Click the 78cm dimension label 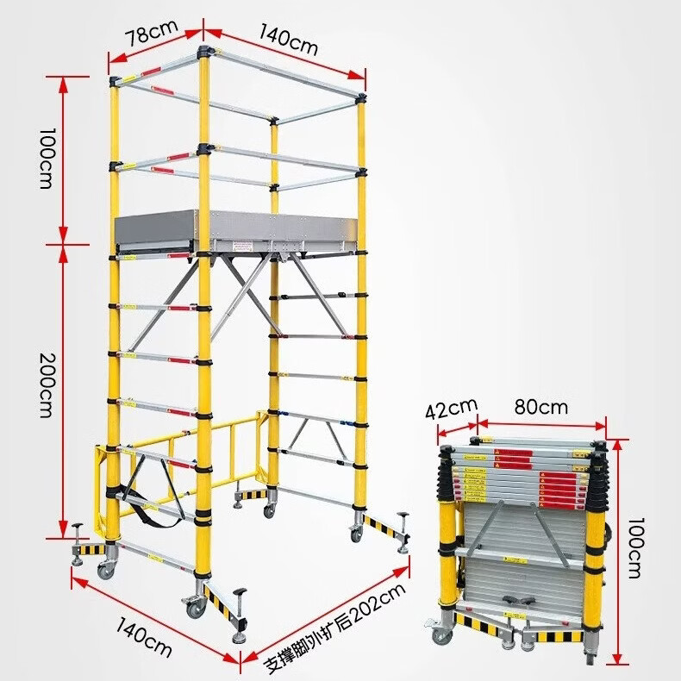(x=152, y=33)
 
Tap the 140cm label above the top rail (x=289, y=40)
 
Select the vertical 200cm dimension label (x=47, y=385)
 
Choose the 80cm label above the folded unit (x=541, y=408)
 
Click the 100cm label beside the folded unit (x=635, y=547)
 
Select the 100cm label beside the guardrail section (x=47, y=158)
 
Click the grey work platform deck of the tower (x=237, y=229)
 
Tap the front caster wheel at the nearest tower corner (x=196, y=608)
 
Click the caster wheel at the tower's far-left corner (x=106, y=570)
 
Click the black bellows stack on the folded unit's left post (x=447, y=472)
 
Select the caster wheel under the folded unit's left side (x=441, y=636)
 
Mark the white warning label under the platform (x=242, y=247)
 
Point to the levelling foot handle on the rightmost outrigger (x=403, y=515)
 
